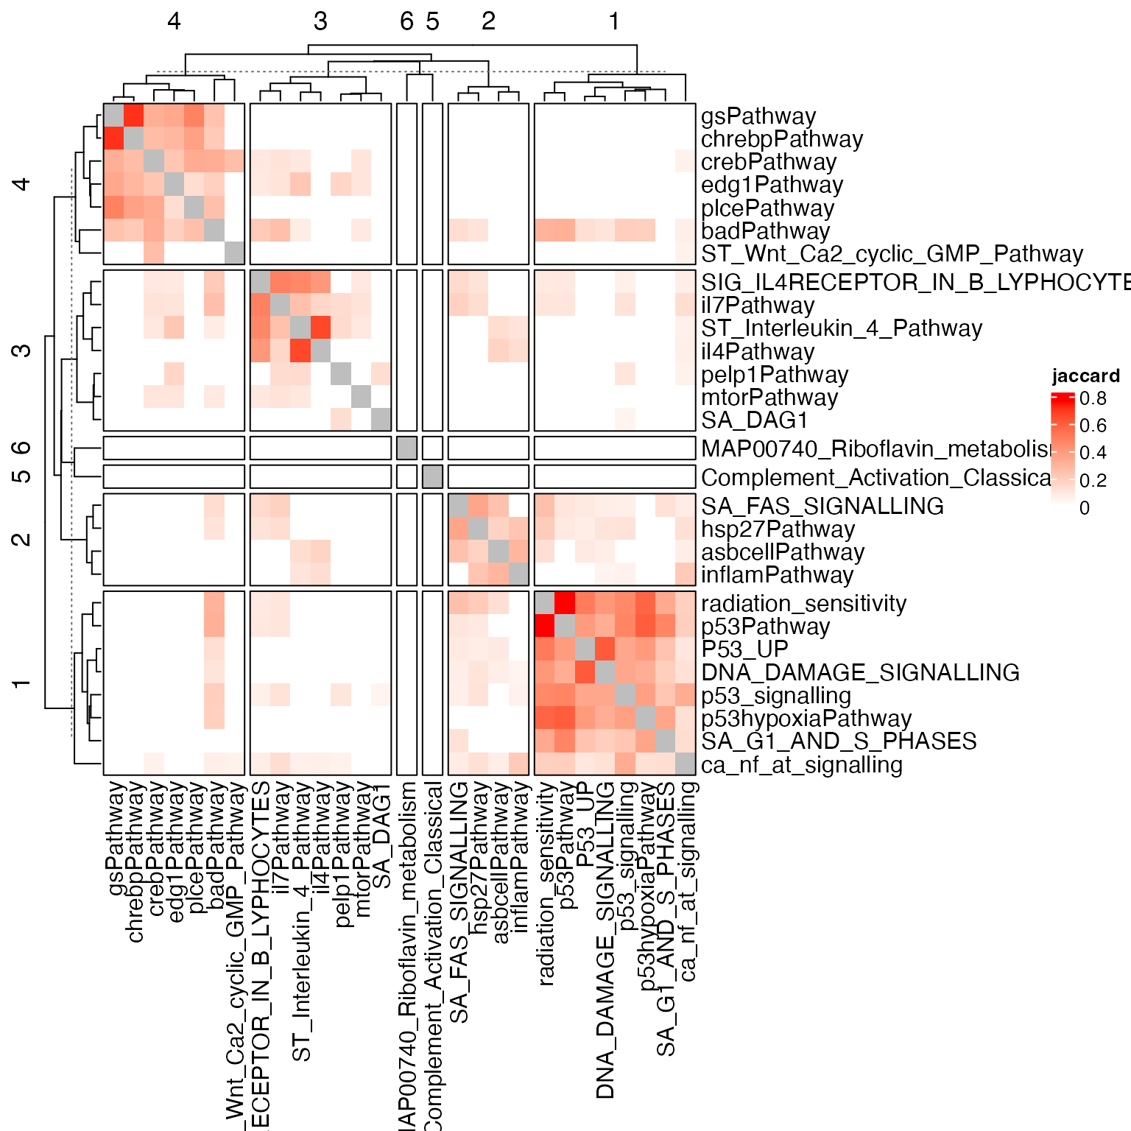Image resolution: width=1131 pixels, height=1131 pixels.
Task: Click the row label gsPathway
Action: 758,116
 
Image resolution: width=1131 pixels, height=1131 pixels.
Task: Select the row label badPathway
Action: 765,231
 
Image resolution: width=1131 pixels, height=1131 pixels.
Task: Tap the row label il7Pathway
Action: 757,306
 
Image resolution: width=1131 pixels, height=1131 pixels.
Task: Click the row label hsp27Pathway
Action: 778,529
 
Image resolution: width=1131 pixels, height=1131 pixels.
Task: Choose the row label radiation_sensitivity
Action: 803,604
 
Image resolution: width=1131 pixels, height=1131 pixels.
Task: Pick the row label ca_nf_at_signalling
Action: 801,765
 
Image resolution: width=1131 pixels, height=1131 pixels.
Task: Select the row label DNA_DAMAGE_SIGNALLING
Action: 859,672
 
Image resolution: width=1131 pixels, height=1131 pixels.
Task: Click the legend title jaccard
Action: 1085,376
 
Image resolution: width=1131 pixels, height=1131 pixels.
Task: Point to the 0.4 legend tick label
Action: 1093,453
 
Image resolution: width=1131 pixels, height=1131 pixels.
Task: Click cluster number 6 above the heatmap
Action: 406,22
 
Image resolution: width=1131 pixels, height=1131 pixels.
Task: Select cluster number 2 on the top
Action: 488,22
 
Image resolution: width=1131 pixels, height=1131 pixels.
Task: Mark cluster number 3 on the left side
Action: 22,350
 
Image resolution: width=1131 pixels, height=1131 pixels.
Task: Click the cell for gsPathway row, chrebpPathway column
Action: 133,116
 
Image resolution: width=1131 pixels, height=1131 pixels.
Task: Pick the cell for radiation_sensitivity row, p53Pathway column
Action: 565,604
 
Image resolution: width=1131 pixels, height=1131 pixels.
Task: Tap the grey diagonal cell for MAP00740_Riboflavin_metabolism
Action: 406,448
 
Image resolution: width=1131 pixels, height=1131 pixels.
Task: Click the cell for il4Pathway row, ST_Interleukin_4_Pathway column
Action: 300,351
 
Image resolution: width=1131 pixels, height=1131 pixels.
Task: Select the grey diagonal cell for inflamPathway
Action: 518,574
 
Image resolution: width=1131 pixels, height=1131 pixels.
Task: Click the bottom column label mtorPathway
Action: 362,850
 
